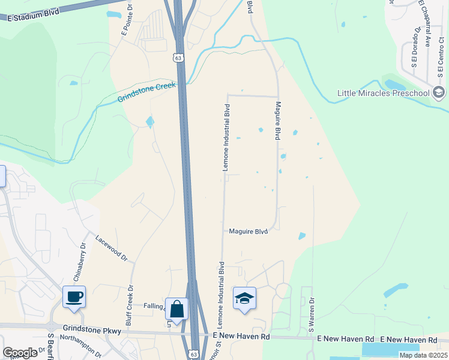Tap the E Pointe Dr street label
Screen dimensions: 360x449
[x=127, y=22]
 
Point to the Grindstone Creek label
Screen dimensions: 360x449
[x=146, y=92]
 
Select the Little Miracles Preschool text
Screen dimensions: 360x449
[x=384, y=93]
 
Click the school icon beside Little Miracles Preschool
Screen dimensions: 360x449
[x=439, y=92]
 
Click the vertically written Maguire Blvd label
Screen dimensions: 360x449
[x=279, y=121]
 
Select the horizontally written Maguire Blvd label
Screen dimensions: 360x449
[x=247, y=231]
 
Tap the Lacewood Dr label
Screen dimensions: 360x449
[x=112, y=248]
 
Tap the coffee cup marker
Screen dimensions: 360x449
[x=74, y=296]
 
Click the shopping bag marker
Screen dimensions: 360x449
[x=177, y=309]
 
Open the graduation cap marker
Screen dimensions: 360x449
[x=244, y=298]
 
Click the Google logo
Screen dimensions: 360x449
[x=20, y=353]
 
